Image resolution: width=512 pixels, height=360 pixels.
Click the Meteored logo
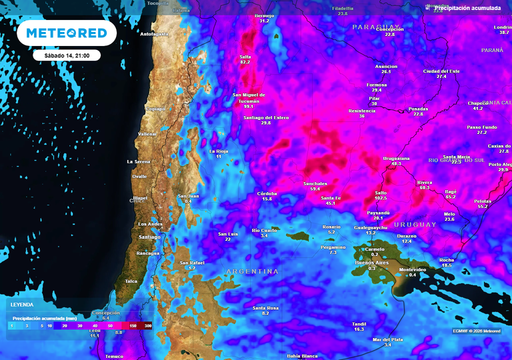click(66, 33)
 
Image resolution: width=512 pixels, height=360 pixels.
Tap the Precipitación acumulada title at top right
click(467, 8)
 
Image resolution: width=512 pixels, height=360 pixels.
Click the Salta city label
click(245, 57)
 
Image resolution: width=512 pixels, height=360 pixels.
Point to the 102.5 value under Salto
click(381, 198)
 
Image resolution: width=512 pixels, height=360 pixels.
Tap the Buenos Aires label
click(372, 263)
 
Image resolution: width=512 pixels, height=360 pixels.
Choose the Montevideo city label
click(412, 269)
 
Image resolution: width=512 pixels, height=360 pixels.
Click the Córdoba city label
click(267, 193)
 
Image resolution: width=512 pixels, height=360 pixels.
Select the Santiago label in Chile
click(149, 237)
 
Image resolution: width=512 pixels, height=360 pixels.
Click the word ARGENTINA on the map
click(252, 271)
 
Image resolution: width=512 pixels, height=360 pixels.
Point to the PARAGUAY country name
click(375, 26)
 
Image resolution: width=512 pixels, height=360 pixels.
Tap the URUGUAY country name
click(415, 224)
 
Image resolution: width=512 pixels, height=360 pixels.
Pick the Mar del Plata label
click(387, 339)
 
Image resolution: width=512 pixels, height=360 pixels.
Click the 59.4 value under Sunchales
click(315, 189)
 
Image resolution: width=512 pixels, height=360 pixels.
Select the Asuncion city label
click(386, 67)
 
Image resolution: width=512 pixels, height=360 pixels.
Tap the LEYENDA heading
click(22, 304)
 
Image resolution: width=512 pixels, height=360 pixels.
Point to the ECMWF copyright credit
click(477, 331)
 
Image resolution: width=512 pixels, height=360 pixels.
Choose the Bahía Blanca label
click(302, 355)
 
